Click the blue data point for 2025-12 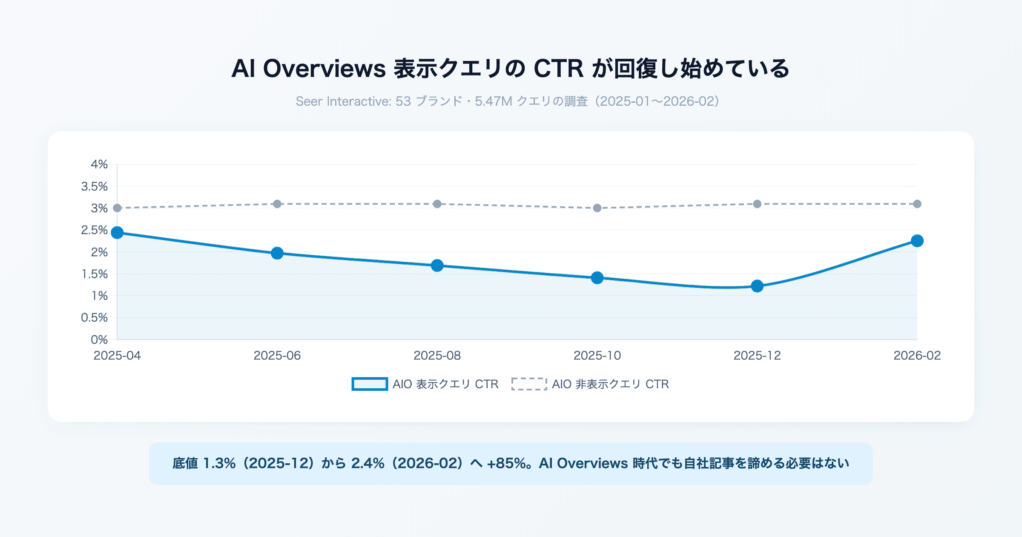(x=757, y=286)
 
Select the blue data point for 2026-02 (x=917, y=241)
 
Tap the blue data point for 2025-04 (x=117, y=233)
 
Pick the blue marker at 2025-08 (x=437, y=266)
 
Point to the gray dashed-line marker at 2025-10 (x=597, y=208)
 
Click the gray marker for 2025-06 (x=277, y=204)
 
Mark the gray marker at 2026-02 (x=917, y=204)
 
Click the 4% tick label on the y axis (x=99, y=165)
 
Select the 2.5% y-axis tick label (x=95, y=230)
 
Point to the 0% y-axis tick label (x=99, y=340)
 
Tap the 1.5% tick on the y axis (x=95, y=274)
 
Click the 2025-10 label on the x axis (x=597, y=355)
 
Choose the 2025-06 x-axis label (x=277, y=355)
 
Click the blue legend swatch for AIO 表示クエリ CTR (x=369, y=384)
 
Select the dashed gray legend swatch (x=529, y=384)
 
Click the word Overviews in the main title (x=324, y=69)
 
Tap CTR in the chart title (x=558, y=69)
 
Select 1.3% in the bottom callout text (x=219, y=463)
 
